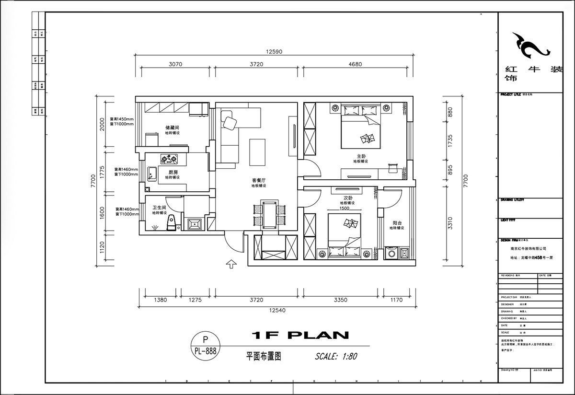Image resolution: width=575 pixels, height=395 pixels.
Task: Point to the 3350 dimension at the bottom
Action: click(340, 300)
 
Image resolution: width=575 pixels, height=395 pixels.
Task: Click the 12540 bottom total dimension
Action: click(276, 310)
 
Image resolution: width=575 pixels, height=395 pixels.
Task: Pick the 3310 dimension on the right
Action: click(449, 223)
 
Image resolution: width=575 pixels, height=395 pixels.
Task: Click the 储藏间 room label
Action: click(172, 128)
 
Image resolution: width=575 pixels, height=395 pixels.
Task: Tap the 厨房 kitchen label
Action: click(172, 172)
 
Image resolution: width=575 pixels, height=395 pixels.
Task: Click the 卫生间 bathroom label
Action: click(159, 208)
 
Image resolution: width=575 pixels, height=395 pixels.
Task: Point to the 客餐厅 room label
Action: click(259, 180)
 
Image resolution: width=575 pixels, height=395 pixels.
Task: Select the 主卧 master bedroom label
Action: click(361, 156)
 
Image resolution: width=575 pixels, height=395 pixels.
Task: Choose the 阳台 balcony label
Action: click(397, 223)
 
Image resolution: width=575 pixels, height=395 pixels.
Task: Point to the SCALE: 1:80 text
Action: click(336, 356)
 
